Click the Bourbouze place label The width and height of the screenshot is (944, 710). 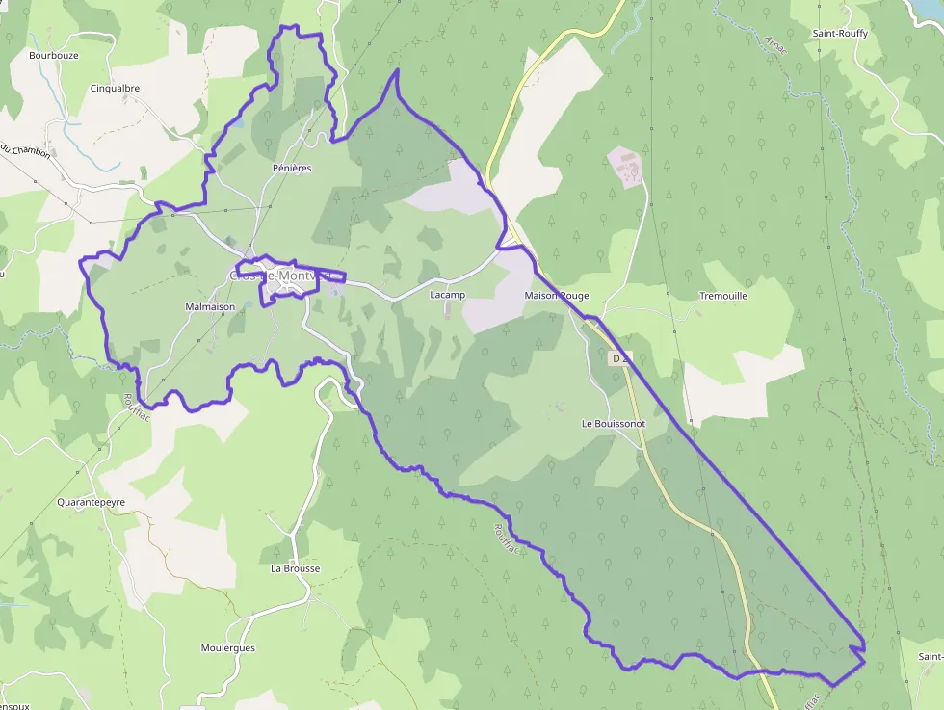click(53, 55)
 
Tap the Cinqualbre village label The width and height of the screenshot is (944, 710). click(115, 88)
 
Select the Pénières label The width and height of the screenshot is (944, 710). click(292, 168)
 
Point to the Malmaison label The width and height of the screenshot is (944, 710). click(209, 307)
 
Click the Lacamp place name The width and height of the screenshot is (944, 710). click(447, 295)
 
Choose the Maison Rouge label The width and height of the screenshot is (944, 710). click(556, 296)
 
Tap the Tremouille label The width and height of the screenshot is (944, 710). click(722, 296)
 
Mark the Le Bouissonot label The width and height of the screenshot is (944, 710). click(614, 423)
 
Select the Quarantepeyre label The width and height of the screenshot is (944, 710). click(91, 502)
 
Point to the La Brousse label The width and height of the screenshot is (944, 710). click(295, 568)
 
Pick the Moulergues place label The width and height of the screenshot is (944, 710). click(228, 648)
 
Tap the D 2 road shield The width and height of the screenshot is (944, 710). click(620, 358)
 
